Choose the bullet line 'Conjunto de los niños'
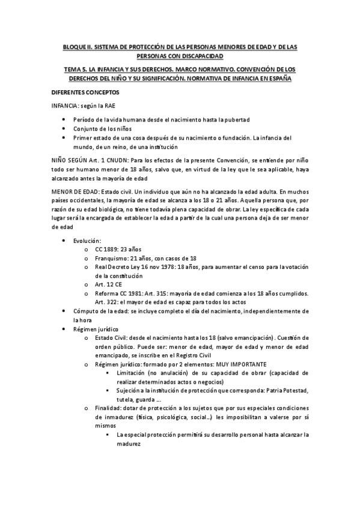[x=105, y=127]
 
